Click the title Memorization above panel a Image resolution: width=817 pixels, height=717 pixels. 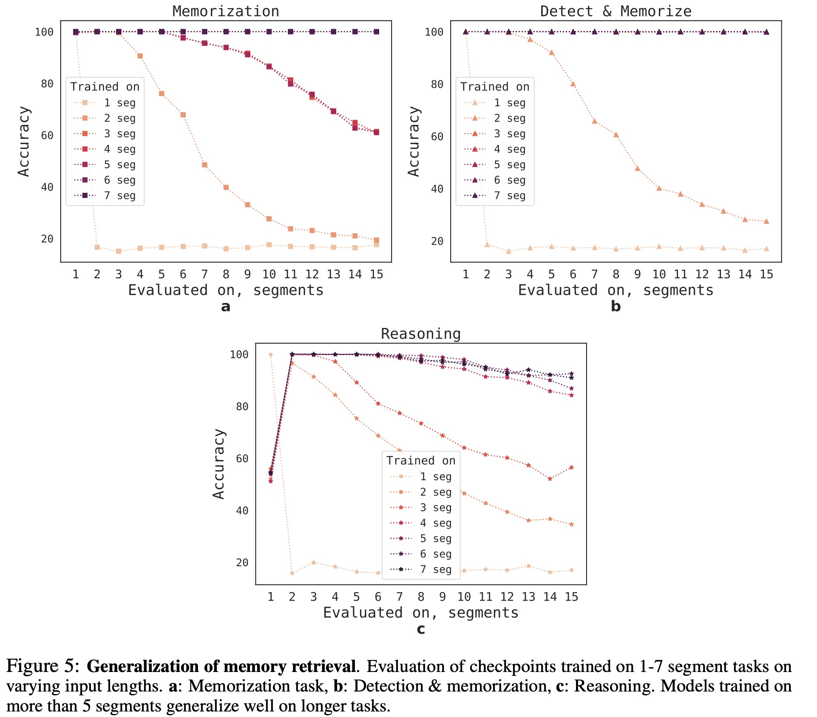pos(226,11)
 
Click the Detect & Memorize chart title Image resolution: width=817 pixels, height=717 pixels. pos(616,11)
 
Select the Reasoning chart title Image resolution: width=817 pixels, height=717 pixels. pos(420,334)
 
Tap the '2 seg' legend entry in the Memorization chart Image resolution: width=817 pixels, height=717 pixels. pos(119,118)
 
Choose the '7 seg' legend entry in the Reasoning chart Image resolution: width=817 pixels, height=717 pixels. pos(436,569)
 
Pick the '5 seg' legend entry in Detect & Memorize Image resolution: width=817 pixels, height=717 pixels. pos(509,164)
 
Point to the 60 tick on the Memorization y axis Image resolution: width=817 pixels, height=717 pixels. pos(47,135)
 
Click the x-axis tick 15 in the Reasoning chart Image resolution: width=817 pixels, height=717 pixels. pos(571,597)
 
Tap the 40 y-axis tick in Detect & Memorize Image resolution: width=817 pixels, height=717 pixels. pos(437,189)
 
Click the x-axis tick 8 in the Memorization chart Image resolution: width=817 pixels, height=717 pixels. pos(226,274)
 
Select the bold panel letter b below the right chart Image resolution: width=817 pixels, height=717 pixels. pos(616,306)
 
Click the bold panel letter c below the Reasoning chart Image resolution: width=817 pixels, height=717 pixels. pos(421,629)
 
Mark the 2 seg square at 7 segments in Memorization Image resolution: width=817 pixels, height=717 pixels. pos(204,165)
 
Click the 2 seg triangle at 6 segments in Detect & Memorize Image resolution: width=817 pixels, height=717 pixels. pos(573,84)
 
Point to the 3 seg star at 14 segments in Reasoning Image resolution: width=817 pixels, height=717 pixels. pos(550,479)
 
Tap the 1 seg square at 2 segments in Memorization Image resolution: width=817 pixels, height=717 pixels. pos(97,247)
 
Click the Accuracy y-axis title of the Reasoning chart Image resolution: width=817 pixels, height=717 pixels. pos(218,463)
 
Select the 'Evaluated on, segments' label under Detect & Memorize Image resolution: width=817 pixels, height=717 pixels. pos(616,290)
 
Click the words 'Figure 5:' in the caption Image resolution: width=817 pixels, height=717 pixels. pos(43,666)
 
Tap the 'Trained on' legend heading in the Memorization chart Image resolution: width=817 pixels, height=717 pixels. pos(105,87)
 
